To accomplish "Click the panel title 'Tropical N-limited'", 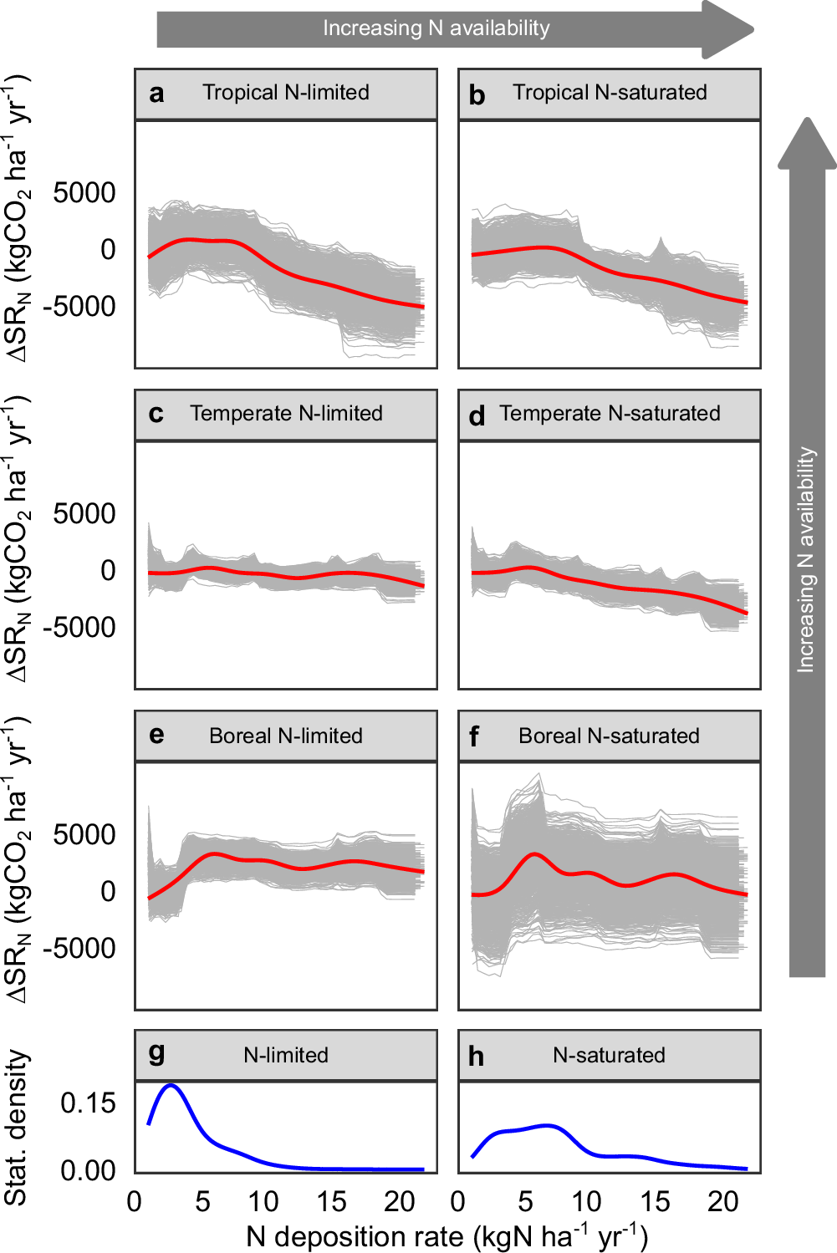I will coord(285,93).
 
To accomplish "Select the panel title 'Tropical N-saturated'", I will coord(610,93).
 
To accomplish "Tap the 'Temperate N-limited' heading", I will coord(286,414).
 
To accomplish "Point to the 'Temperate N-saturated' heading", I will coord(610,414).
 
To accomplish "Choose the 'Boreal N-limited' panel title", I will coord(286,736).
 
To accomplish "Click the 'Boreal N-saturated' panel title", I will coord(609,736).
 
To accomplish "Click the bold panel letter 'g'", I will coord(156,1053).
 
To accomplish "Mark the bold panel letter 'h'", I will coord(476,1057).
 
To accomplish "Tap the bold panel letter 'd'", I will coord(477,415).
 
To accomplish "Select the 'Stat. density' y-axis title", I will coord(17,1128).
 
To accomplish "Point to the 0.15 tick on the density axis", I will coord(88,1103).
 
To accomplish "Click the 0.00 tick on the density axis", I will coord(88,1170).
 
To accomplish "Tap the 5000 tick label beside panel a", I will coord(84,193).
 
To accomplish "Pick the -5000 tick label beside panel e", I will coord(79,949).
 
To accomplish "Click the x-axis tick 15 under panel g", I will coord(331,1202).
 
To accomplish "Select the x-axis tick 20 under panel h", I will coord(722,1202).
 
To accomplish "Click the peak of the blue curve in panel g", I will coord(171,1085).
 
